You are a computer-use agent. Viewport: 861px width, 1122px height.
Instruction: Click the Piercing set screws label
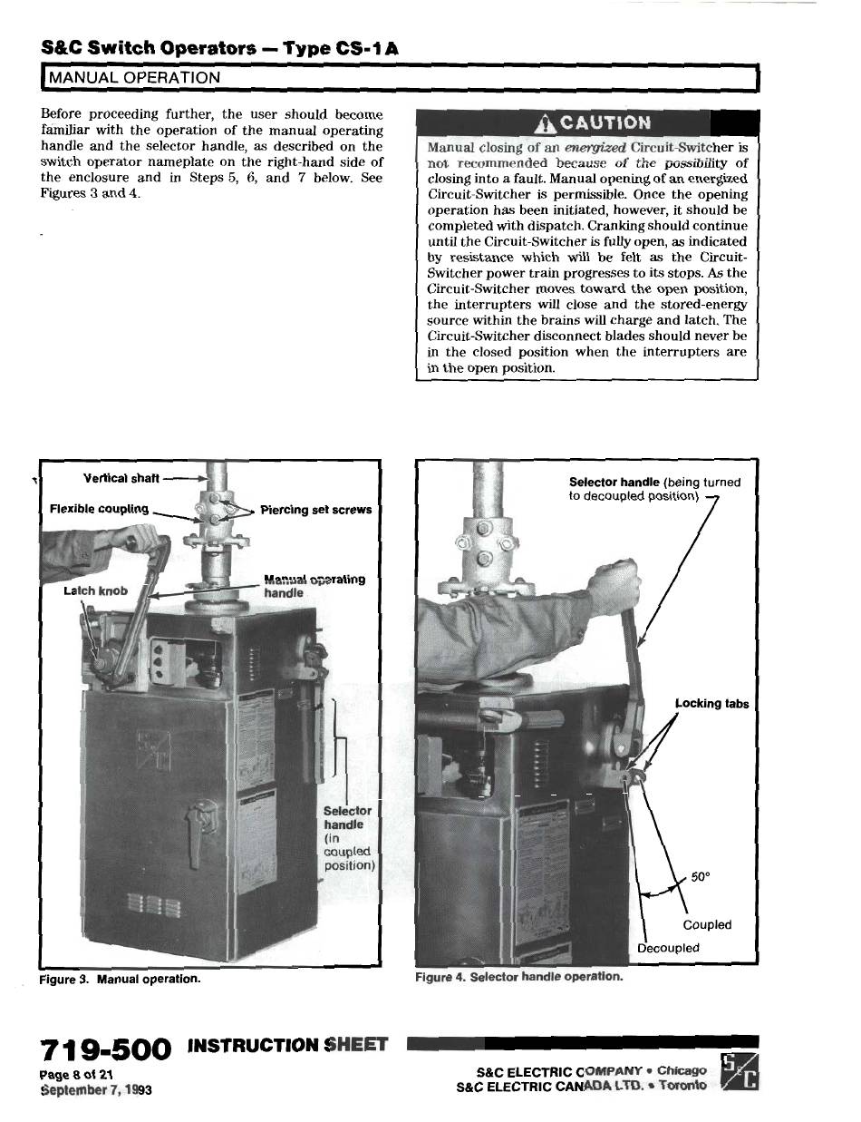click(315, 510)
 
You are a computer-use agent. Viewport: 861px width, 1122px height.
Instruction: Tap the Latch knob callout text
click(95, 590)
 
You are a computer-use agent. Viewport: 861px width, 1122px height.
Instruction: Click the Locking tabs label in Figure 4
click(711, 703)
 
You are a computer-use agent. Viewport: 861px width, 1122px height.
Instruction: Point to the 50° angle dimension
click(701, 877)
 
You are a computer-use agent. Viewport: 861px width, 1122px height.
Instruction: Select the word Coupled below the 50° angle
click(706, 925)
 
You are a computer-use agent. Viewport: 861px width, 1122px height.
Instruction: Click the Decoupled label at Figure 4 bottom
click(668, 948)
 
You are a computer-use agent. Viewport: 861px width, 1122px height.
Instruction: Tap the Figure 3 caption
click(121, 980)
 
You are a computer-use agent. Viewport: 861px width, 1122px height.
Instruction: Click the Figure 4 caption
click(518, 977)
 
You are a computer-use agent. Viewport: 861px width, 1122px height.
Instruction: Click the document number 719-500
click(105, 1050)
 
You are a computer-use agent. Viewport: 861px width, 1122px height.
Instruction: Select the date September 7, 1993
click(95, 1088)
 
